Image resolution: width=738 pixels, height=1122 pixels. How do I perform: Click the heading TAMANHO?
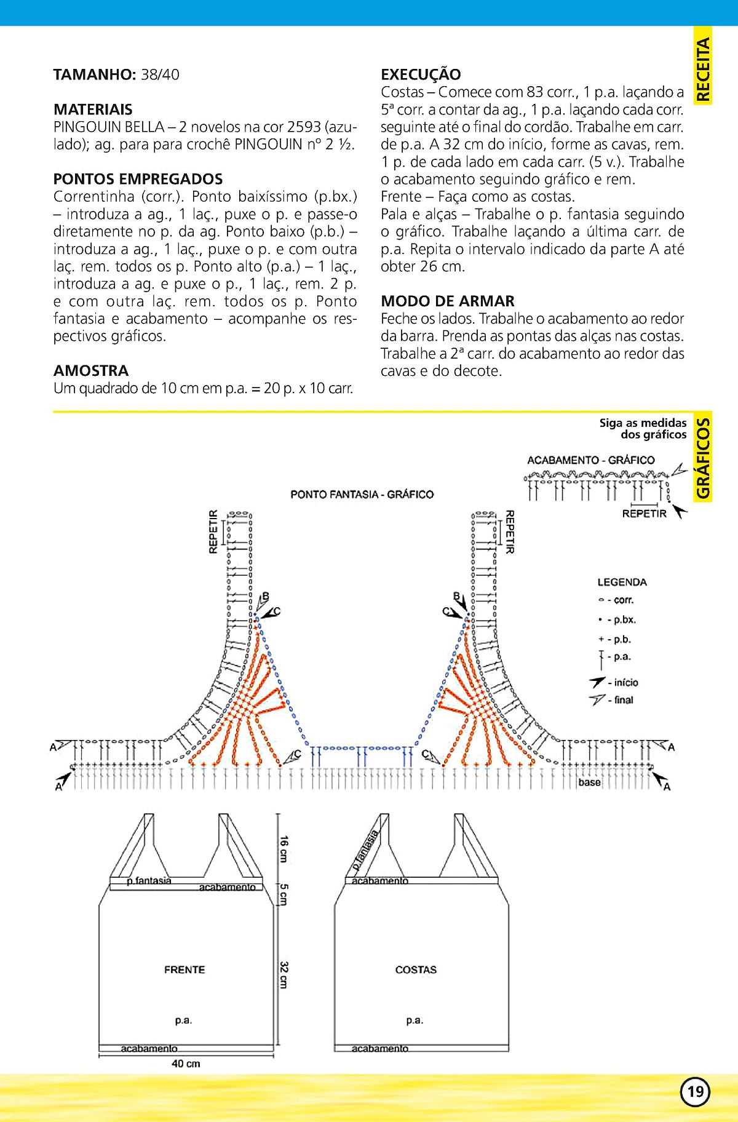[x=94, y=75]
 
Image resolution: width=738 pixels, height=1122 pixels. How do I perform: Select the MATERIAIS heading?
[x=93, y=109]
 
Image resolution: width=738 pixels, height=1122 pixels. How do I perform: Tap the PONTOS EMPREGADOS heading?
[x=138, y=179]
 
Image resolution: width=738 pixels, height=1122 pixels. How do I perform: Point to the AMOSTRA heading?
[x=91, y=370]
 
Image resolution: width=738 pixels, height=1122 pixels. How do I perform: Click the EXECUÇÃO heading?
[x=421, y=74]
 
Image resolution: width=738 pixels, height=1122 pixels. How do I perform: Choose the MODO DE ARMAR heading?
[x=447, y=301]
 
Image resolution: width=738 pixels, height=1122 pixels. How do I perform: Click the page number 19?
[x=695, y=1091]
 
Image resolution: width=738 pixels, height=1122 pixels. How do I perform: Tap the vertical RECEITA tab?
[x=702, y=68]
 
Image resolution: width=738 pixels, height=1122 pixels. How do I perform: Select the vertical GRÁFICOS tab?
[x=702, y=458]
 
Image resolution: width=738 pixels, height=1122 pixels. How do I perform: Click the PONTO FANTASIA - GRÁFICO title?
[x=362, y=495]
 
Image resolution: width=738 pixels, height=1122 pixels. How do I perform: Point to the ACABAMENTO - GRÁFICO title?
[x=590, y=460]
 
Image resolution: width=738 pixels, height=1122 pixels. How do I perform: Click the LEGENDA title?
[x=622, y=582]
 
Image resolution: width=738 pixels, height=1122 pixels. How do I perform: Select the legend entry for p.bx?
[x=617, y=619]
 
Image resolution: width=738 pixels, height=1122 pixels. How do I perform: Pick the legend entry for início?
[x=615, y=682]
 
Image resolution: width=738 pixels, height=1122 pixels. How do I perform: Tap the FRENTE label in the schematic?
[x=184, y=969]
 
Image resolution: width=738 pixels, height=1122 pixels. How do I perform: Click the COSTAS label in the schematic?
[x=416, y=969]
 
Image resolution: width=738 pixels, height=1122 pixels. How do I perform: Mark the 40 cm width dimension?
[x=186, y=1064]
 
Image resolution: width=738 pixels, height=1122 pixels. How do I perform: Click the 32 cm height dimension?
[x=284, y=974]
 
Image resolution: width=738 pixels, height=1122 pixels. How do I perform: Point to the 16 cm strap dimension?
[x=284, y=848]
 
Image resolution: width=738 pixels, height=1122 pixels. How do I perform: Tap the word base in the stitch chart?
[x=589, y=782]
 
